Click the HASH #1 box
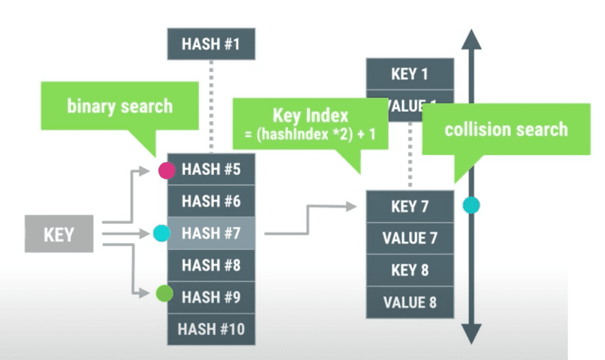pyautogui.click(x=211, y=44)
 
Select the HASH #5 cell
pyautogui.click(x=211, y=169)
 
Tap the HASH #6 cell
pyautogui.click(x=211, y=201)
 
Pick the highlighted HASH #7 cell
pyautogui.click(x=211, y=233)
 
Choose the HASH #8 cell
pyautogui.click(x=211, y=265)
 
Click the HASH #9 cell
pyautogui.click(x=211, y=296)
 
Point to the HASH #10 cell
pyautogui.click(x=211, y=329)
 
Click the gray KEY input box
pyautogui.click(x=59, y=234)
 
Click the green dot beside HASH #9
pyautogui.click(x=163, y=295)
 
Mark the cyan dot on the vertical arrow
pyautogui.click(x=471, y=204)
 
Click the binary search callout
pyautogui.click(x=120, y=107)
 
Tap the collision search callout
pyautogui.click(x=506, y=129)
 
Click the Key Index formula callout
pyautogui.click(x=310, y=124)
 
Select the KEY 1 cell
pyautogui.click(x=409, y=74)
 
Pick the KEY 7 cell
pyautogui.click(x=409, y=206)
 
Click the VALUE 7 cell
pyautogui.click(x=409, y=238)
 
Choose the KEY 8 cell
pyautogui.click(x=409, y=270)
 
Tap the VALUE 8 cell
pyautogui.click(x=409, y=301)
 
